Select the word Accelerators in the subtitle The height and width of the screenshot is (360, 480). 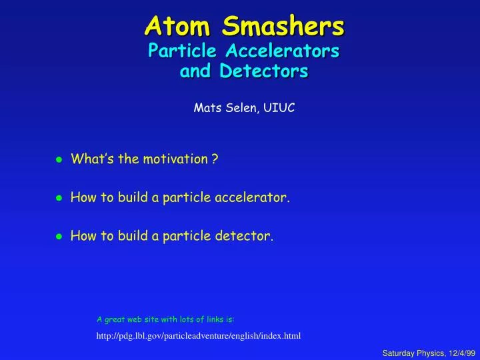(289, 51)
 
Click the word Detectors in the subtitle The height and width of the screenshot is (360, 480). (268, 70)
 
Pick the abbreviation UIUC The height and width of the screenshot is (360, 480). (280, 106)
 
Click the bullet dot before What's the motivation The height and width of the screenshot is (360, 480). (59, 159)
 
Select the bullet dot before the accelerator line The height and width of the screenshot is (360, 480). (59, 198)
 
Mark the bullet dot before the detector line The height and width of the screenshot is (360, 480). (59, 236)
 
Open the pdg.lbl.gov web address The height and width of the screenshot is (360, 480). (199, 335)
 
